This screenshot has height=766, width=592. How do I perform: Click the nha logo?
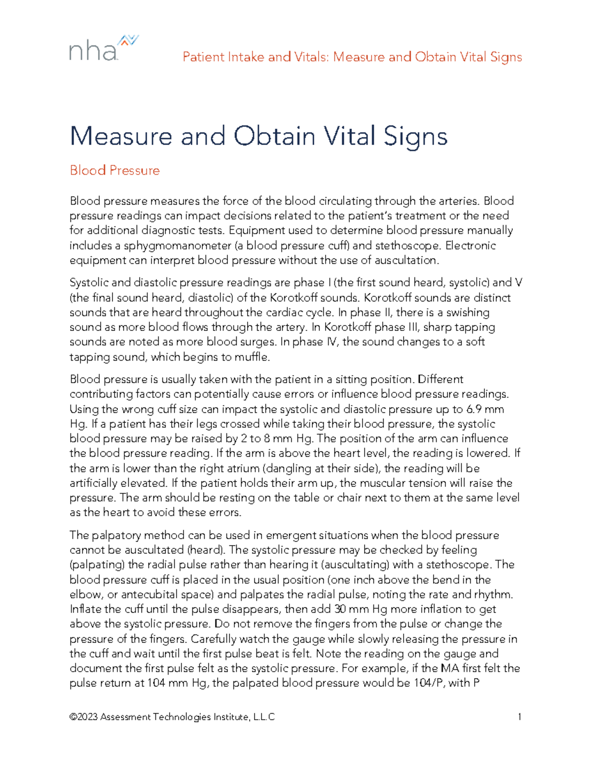tap(103, 48)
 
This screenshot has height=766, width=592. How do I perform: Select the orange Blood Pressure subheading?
tap(114, 171)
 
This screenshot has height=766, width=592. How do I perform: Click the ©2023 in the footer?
tap(84, 717)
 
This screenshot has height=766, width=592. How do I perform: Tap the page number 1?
tap(519, 717)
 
